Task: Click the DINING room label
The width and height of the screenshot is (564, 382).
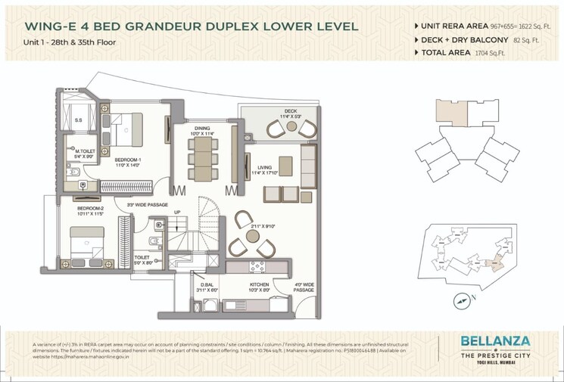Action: [x=201, y=129]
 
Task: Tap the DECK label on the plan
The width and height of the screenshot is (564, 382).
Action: [x=290, y=111]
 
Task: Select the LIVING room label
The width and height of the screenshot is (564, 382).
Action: [x=264, y=168]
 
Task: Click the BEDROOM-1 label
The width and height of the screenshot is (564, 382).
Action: [x=128, y=160]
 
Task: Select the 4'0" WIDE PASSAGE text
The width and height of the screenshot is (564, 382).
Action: [x=304, y=287]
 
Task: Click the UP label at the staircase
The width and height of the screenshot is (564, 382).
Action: [x=177, y=212]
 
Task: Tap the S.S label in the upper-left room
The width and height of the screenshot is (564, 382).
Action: [x=79, y=120]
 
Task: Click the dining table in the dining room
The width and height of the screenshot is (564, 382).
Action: [x=201, y=160]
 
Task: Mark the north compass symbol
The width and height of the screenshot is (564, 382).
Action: [x=462, y=300]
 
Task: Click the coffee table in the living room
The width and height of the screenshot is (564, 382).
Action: [x=285, y=165]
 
